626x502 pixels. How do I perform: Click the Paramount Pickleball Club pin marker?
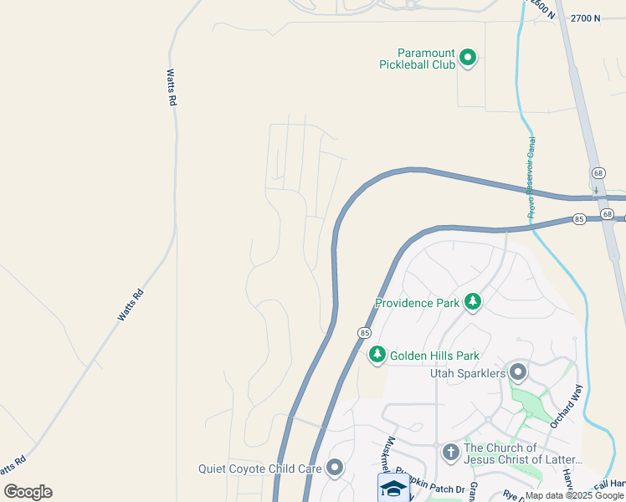point(469,58)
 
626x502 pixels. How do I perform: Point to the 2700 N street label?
point(584,18)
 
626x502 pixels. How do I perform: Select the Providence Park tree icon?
point(473,301)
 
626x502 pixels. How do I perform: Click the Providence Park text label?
point(417,303)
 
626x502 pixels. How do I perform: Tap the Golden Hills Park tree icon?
point(377,355)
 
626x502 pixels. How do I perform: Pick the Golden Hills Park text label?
point(434,356)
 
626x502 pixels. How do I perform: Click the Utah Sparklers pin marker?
point(518,371)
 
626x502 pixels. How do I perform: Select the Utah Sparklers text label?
point(468,372)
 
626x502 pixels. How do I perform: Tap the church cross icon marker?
point(450,453)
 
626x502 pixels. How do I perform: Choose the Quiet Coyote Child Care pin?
point(336,468)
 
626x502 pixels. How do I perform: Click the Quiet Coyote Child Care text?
point(260,469)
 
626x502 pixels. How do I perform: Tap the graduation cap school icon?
point(393,488)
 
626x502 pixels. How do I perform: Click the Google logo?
point(28,492)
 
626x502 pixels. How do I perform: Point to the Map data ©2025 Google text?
point(574,495)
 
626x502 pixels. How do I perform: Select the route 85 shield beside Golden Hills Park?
point(364,332)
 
